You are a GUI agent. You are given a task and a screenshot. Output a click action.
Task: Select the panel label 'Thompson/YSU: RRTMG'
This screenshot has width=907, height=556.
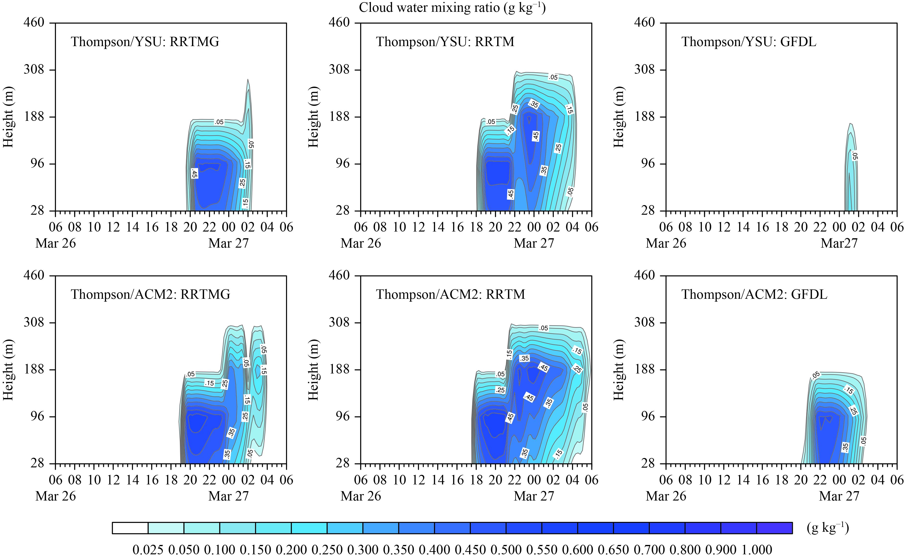[145, 42]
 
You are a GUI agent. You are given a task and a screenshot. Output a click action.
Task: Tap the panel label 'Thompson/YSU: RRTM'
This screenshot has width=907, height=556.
[445, 42]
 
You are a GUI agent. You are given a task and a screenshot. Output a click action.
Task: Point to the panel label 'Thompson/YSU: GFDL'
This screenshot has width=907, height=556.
[749, 42]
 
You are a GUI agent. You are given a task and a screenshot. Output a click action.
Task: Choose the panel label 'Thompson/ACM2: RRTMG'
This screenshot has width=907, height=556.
[150, 294]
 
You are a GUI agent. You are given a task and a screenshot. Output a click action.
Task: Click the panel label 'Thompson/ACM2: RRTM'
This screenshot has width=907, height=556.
[451, 294]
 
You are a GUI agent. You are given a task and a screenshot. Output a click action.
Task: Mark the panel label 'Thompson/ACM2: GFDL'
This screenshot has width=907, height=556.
[754, 294]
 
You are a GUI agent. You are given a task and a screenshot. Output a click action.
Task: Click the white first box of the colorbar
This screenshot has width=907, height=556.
[130, 528]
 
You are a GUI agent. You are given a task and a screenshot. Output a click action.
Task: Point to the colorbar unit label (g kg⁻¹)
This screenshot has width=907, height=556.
[828, 528]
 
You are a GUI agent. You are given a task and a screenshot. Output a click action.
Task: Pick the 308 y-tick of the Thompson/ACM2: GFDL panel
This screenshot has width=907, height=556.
[644, 322]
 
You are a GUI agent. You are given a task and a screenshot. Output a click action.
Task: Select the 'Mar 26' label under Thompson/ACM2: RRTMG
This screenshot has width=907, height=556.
[56, 496]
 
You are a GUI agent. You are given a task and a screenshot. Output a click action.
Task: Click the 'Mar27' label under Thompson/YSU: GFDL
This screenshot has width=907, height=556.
[839, 243]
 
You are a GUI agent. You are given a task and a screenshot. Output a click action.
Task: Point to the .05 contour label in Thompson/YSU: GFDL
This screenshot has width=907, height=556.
[855, 157]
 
